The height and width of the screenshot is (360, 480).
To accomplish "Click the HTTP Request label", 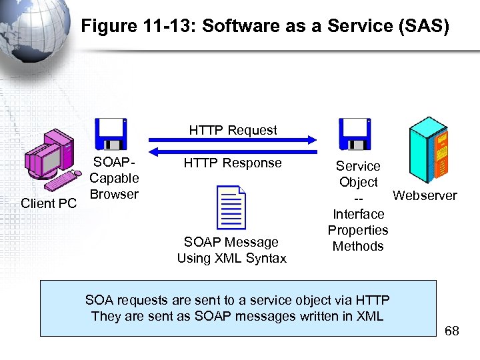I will click(x=233, y=130).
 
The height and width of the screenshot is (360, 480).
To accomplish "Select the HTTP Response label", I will click(x=233, y=163).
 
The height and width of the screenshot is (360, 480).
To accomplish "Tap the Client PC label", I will click(x=49, y=203).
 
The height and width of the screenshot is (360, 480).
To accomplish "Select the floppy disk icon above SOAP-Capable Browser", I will click(x=110, y=134).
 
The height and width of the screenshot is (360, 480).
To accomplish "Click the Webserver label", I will click(x=425, y=195).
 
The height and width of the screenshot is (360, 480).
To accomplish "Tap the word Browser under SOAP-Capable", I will click(x=114, y=194).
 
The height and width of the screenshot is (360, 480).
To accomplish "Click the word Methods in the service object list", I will click(x=358, y=246).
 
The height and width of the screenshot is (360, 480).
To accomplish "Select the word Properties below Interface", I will click(x=358, y=230).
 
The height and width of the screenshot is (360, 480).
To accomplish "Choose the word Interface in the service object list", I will click(x=358, y=214).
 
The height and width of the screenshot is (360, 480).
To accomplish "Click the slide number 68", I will click(x=451, y=331).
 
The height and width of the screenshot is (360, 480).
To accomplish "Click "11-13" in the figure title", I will click(x=167, y=27).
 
